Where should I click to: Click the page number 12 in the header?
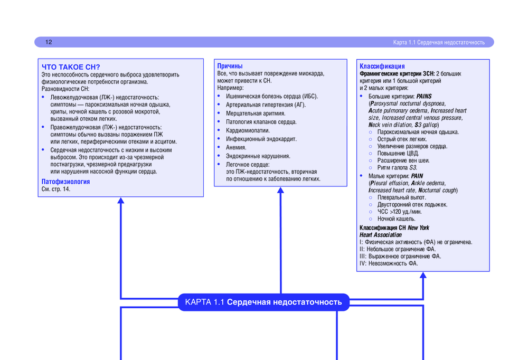[49, 42]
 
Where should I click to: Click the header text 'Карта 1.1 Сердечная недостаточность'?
[439, 42]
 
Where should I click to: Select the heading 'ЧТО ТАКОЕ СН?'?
[71, 67]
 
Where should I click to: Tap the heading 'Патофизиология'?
[65, 182]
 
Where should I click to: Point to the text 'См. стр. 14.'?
[56, 189]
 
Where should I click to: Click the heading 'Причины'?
[230, 66]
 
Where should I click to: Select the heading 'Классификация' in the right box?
[382, 67]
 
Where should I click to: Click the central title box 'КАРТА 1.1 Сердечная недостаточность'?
[263, 302]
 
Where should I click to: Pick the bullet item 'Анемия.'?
[236, 147]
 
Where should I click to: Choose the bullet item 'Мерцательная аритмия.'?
[256, 113]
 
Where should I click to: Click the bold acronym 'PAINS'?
[423, 97]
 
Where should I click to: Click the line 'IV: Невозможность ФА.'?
[389, 263]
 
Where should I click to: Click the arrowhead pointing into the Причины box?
[280, 190]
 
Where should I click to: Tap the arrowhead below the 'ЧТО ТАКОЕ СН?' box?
[120, 201]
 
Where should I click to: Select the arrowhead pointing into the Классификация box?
[422, 275]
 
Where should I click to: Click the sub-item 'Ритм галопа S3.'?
[397, 167]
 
